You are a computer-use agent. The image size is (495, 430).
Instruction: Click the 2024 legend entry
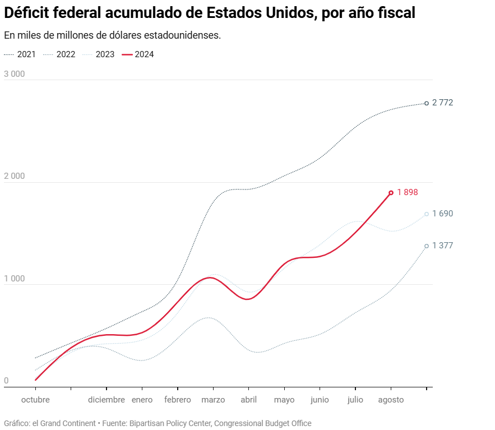(x=138, y=54)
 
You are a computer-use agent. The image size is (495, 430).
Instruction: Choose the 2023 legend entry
(x=99, y=54)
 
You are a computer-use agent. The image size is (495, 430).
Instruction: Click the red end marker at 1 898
(x=391, y=193)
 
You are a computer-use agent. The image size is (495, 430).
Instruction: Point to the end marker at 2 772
(x=427, y=103)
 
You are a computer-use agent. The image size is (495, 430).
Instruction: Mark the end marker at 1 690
(x=427, y=214)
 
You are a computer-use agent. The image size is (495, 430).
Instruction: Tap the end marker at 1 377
(x=427, y=246)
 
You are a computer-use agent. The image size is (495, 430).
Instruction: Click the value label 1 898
(x=408, y=192)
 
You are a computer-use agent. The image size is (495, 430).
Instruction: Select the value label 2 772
(x=442, y=103)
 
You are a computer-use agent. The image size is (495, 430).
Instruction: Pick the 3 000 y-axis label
(x=15, y=74)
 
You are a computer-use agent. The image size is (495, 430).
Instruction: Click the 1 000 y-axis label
(x=15, y=279)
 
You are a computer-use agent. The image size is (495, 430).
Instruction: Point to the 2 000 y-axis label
(x=15, y=176)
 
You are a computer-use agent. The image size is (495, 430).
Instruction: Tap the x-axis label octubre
(x=35, y=400)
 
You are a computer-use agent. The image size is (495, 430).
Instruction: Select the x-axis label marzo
(x=213, y=400)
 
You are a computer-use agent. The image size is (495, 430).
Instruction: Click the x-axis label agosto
(x=391, y=400)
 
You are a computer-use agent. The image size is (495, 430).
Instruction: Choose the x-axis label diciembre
(x=107, y=400)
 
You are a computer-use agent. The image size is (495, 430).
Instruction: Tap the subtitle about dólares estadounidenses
(x=112, y=35)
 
